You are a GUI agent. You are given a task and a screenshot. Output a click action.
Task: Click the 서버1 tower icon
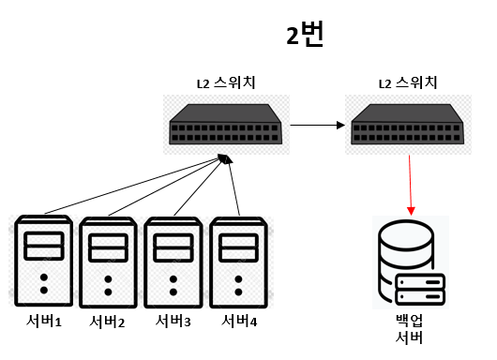pyautogui.click(x=44, y=263)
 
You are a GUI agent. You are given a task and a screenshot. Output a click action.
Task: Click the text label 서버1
pyautogui.click(x=44, y=323)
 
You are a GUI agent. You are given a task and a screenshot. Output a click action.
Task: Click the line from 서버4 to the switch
pyautogui.click(x=234, y=187)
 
